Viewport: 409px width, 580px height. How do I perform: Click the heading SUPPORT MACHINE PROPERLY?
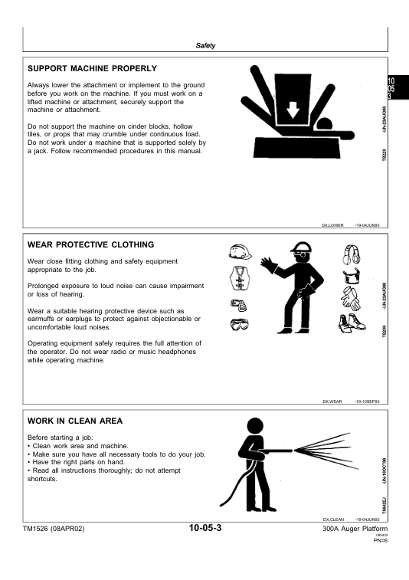(92, 68)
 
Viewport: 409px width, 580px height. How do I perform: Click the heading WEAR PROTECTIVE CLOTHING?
(90, 244)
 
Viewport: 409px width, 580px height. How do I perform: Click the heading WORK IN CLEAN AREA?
(75, 421)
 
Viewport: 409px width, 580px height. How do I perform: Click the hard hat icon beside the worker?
(240, 252)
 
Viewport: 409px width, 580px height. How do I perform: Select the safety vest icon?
(240, 279)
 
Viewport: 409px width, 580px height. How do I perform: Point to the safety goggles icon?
(239, 324)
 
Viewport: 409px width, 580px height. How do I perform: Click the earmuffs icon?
(352, 254)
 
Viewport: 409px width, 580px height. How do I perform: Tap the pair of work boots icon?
(352, 323)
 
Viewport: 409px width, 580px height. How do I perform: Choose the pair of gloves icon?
(350, 299)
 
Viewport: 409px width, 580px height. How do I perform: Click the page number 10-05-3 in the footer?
(205, 528)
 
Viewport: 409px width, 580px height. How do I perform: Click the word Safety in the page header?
(205, 45)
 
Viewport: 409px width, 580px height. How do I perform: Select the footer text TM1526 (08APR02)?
(54, 529)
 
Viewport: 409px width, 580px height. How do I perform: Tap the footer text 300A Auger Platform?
(355, 529)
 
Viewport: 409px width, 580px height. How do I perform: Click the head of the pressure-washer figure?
(255, 427)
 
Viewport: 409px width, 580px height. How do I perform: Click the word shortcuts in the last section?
(42, 479)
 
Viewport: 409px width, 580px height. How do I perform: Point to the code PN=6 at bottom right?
(381, 540)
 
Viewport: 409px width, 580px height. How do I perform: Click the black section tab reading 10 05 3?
(398, 87)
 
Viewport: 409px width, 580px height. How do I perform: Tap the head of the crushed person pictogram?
(324, 124)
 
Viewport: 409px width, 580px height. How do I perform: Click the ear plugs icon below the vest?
(239, 305)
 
